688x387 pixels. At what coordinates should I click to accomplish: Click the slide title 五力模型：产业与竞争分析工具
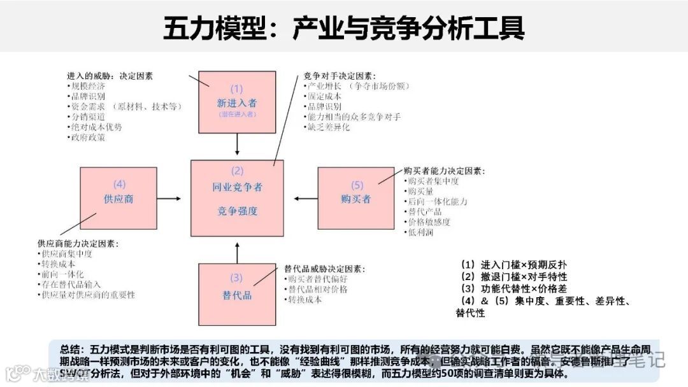pyautogui.click(x=344, y=28)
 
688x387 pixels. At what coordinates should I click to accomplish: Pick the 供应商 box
pyautogui.click(x=118, y=198)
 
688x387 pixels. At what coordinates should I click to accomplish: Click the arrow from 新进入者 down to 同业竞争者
pyautogui.click(x=237, y=145)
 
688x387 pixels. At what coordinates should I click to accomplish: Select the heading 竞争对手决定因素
pyautogui.click(x=340, y=76)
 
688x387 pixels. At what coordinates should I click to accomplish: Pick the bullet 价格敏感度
pyautogui.click(x=429, y=222)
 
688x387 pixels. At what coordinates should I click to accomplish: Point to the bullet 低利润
pyautogui.click(x=421, y=232)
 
